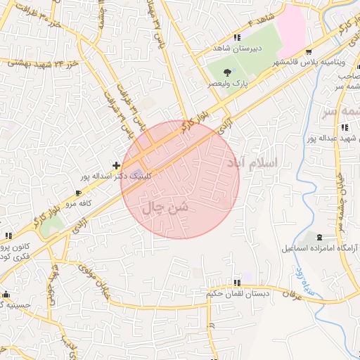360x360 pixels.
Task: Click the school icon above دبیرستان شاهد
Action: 237,37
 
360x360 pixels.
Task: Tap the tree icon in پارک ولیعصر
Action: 226,72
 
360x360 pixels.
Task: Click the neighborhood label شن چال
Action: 166,207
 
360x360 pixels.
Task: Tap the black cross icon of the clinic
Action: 116,165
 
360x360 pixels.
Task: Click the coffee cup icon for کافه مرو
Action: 79,193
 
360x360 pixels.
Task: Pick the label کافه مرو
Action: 79,203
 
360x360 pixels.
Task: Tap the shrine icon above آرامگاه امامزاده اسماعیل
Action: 321,237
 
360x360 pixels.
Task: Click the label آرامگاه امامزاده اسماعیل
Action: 320,248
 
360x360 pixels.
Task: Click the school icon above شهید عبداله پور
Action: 344,127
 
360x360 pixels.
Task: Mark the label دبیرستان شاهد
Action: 238,49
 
